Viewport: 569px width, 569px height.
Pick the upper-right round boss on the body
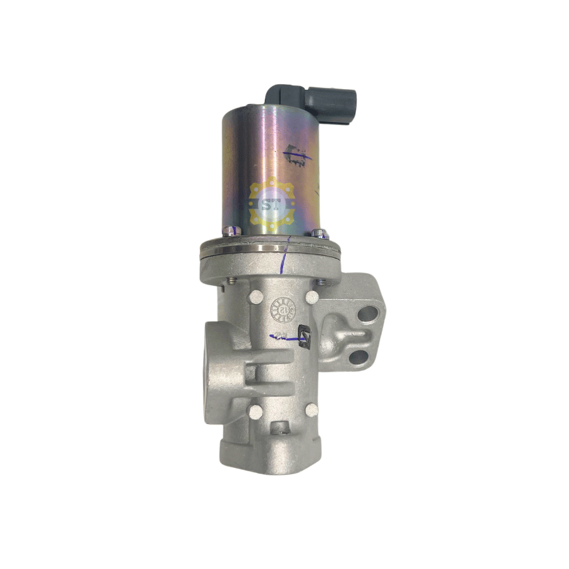[312, 297]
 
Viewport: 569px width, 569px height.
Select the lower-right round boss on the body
[311, 410]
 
